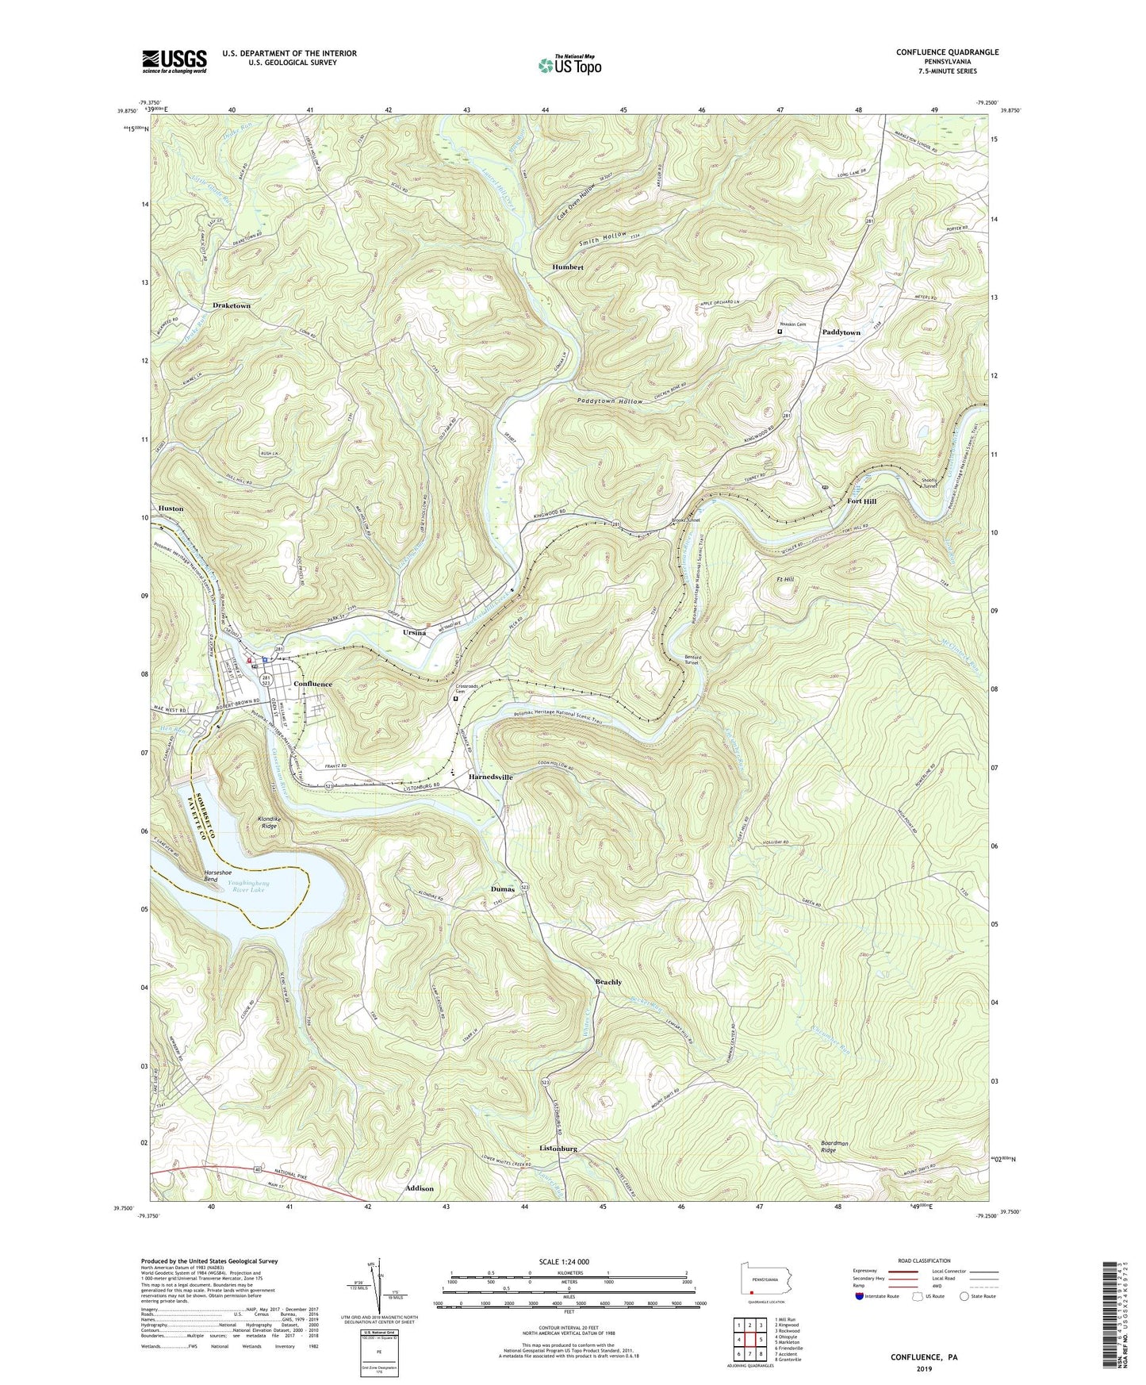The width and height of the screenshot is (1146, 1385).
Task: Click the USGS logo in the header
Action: pyautogui.click(x=174, y=61)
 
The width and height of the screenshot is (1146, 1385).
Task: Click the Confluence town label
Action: pyautogui.click(x=313, y=684)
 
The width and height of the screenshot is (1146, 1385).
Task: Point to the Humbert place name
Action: pyautogui.click(x=568, y=267)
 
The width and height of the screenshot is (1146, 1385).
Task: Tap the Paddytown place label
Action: pyautogui.click(x=841, y=332)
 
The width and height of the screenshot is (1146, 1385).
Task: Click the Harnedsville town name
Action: pyautogui.click(x=490, y=777)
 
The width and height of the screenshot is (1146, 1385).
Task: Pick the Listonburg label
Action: pyautogui.click(x=558, y=1149)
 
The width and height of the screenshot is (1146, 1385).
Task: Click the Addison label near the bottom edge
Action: pyautogui.click(x=420, y=1188)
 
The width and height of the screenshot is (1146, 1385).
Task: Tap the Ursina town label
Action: pyautogui.click(x=414, y=633)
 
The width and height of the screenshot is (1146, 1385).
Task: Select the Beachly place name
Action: pyautogui.click(x=608, y=982)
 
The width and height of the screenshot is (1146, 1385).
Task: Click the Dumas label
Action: pyautogui.click(x=503, y=889)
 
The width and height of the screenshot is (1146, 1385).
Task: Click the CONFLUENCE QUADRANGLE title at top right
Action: pyautogui.click(x=947, y=52)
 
